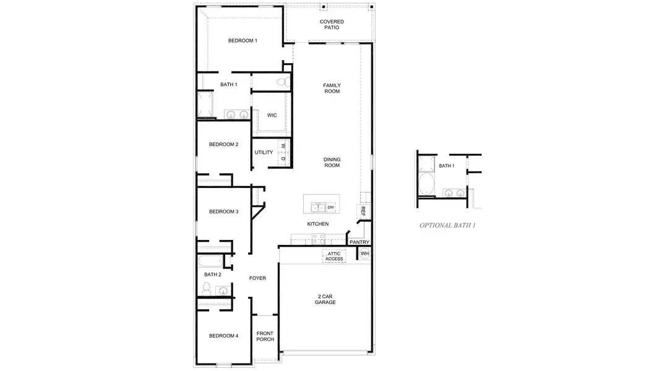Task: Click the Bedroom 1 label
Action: coord(242,41)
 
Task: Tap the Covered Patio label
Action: coord(332,25)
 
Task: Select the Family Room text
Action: coord(332,88)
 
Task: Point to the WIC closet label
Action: coord(272,115)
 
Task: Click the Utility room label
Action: coord(264,152)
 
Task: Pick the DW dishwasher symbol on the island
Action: coord(331,207)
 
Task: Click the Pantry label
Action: coord(359,242)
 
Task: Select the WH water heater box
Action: coord(364,254)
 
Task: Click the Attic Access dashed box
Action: coord(334,256)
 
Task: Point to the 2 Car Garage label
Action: coord(325,299)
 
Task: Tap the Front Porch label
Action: coord(265,336)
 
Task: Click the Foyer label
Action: coord(257,278)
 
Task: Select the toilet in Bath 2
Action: coord(207,289)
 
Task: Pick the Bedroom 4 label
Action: coord(223,336)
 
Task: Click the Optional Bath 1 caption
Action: coord(447,226)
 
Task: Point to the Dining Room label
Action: coord(332,163)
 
